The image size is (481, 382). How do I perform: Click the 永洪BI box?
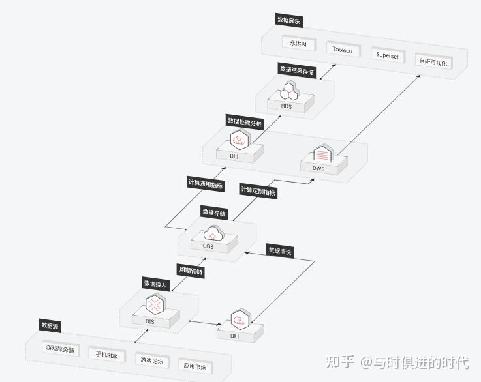tap(298, 44)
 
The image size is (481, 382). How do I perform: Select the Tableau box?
tap(343, 50)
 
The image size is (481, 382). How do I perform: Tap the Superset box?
tap(387, 55)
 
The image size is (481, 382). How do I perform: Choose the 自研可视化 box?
tap(433, 61)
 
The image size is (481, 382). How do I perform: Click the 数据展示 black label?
tap(289, 20)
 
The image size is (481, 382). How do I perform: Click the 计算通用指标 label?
tap(206, 184)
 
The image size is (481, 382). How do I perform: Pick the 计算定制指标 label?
tap(258, 192)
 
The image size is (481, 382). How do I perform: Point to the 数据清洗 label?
tap(281, 251)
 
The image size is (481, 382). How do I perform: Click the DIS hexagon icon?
tap(155, 304)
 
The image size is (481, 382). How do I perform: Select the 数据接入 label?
tap(156, 284)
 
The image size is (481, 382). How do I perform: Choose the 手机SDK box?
tap(106, 355)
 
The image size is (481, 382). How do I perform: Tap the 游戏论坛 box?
tap(152, 360)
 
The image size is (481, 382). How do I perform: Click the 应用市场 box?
tap(194, 367)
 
